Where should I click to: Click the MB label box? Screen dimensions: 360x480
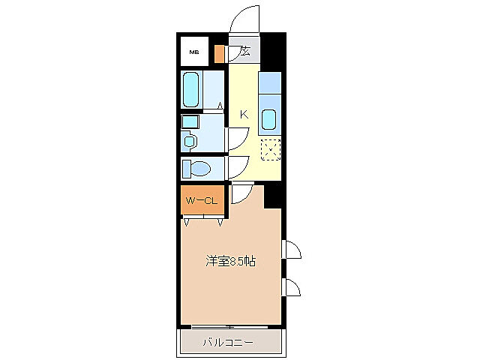194,52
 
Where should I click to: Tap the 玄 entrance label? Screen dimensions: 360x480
245,52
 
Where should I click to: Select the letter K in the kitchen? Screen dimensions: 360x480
244,114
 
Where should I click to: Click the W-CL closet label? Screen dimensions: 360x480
202,200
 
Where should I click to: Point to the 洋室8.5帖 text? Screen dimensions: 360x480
231,262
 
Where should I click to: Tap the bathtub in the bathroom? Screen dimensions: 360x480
192,90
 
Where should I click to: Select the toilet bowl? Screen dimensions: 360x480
200,167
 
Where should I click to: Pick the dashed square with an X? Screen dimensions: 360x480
270,150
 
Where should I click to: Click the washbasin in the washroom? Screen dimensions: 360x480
190,140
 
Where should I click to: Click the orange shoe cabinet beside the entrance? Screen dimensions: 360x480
219,54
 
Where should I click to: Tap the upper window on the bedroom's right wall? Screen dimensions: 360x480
291,250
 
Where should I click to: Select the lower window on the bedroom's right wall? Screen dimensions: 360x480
291,286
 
